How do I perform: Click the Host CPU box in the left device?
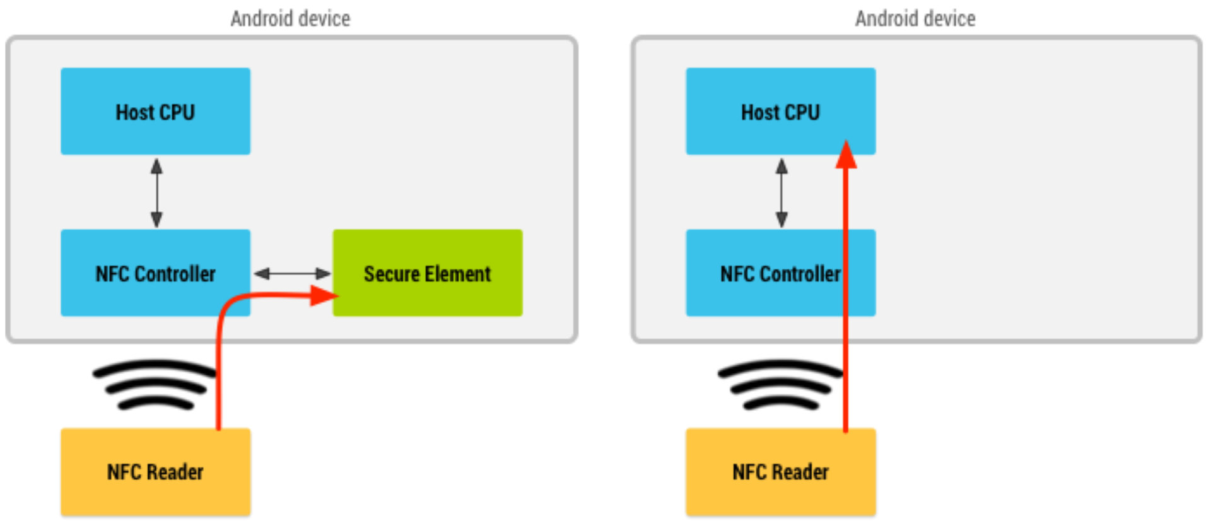155,111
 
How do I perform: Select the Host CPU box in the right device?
780,111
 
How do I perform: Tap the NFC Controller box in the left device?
155,273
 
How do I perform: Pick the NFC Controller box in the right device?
780,273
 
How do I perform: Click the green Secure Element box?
428,273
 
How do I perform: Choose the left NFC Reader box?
155,472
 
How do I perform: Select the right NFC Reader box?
780,472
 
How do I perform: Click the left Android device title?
290,18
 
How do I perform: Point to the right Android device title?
915,18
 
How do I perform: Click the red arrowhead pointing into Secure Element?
324,295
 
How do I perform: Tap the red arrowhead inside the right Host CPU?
846,154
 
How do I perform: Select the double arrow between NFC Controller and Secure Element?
292,273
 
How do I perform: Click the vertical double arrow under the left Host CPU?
156,192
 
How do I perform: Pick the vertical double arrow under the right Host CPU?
781,192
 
